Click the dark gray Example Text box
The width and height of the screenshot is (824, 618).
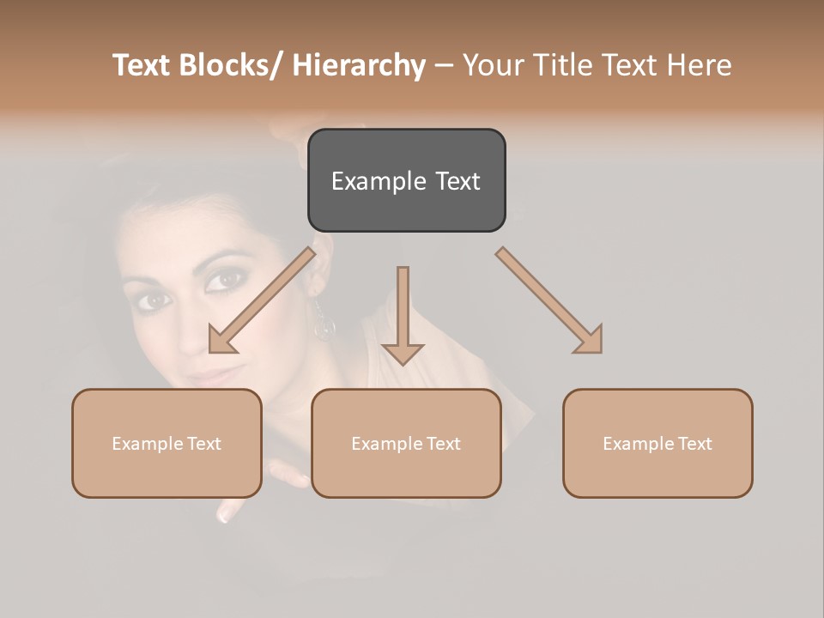pyautogui.click(x=406, y=180)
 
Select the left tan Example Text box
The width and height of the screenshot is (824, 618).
pyautogui.click(x=167, y=443)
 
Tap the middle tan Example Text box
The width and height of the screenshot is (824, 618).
pyautogui.click(x=406, y=443)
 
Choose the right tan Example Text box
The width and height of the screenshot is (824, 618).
pyautogui.click(x=657, y=443)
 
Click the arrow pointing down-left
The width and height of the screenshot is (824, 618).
pyautogui.click(x=262, y=300)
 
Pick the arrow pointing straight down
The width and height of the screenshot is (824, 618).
pyautogui.click(x=403, y=314)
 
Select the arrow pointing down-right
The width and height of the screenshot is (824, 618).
pyautogui.click(x=549, y=300)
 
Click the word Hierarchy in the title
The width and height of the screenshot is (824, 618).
pyautogui.click(x=359, y=65)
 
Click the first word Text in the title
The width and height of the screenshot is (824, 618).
pyautogui.click(x=142, y=65)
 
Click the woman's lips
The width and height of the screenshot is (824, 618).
pyautogui.click(x=215, y=379)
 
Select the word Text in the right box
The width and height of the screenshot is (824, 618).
pyautogui.click(x=694, y=443)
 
